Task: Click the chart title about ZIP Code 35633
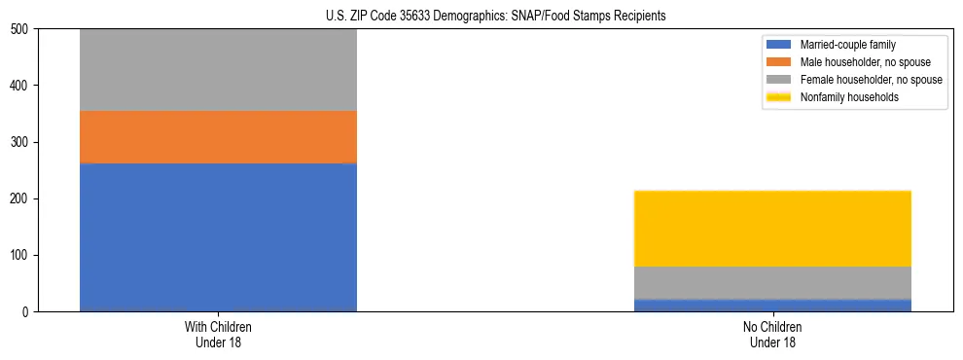[x=495, y=17]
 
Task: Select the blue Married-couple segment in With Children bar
[x=218, y=237]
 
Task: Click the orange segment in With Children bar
[x=218, y=136]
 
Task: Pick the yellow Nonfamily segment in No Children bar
[x=772, y=229]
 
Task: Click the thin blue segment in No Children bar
[x=772, y=306]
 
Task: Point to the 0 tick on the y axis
[x=27, y=312]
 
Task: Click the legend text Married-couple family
[x=847, y=46]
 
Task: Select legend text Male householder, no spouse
[x=865, y=62]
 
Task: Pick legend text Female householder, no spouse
[x=871, y=80]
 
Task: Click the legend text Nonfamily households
[x=849, y=97]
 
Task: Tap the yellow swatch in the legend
[x=779, y=97]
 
